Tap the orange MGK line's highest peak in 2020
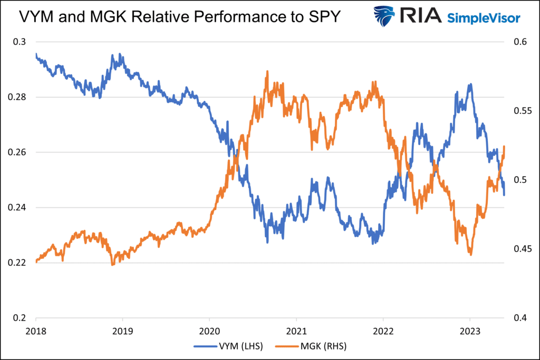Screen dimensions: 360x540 coord(267,71)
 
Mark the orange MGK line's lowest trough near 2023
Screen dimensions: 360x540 coord(470,255)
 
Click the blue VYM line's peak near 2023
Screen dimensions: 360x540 coord(470,84)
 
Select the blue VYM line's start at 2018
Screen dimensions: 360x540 coord(36,54)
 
